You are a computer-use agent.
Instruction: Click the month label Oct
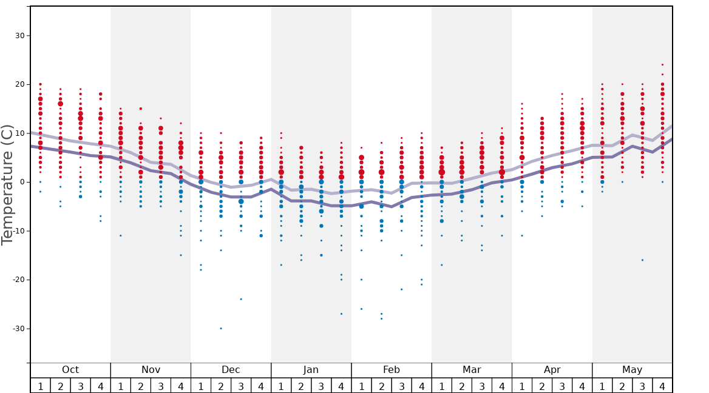(70, 370)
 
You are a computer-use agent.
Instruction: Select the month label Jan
(311, 370)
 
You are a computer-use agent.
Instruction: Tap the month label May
(632, 370)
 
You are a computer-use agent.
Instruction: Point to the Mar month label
(472, 370)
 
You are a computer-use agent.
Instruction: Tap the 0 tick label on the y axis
(21, 182)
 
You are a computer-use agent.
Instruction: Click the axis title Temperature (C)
(7, 185)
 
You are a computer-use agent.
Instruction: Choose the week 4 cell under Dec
(261, 386)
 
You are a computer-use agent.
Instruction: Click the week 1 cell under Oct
(41, 386)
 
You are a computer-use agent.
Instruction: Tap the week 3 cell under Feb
(401, 386)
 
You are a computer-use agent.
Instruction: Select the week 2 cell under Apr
(542, 386)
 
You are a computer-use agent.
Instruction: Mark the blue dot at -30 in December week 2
(221, 328)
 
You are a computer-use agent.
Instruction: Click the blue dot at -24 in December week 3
(241, 299)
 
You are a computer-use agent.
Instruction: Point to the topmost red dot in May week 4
(662, 65)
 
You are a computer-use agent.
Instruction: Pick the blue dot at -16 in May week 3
(642, 260)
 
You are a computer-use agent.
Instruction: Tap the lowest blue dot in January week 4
(341, 314)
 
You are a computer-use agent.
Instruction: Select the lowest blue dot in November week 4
(180, 255)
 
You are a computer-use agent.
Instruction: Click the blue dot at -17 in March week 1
(441, 265)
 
